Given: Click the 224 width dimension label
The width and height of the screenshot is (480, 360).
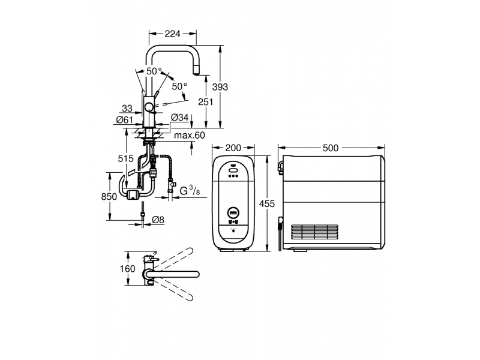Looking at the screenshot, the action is point(172,34).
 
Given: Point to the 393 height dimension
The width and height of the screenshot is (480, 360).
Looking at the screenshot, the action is point(220,87).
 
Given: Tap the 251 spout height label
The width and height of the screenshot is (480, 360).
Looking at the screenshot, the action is point(205,102).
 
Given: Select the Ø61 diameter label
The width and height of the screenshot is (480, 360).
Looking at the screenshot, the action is point(125,119).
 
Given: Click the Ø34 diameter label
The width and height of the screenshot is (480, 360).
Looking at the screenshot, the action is point(179,117).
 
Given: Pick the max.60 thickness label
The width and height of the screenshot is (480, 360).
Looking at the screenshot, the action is point(190,135).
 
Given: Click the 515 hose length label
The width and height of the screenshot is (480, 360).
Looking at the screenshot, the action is point(126,158).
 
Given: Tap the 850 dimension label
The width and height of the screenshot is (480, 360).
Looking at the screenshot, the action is point(109,197).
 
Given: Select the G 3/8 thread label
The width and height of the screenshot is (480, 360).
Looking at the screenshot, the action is point(190,191).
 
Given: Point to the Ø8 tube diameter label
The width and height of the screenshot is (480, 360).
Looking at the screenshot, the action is point(158,220).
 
